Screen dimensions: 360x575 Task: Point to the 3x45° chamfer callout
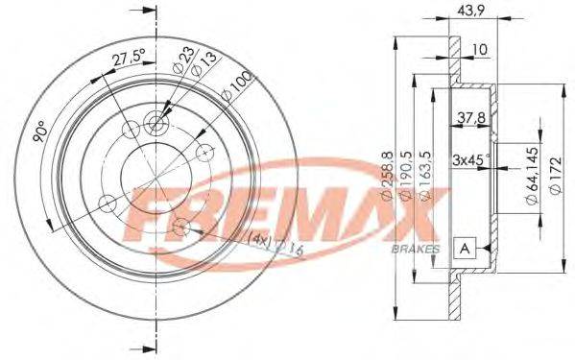click(470, 160)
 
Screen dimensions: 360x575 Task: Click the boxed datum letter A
click(465, 249)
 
